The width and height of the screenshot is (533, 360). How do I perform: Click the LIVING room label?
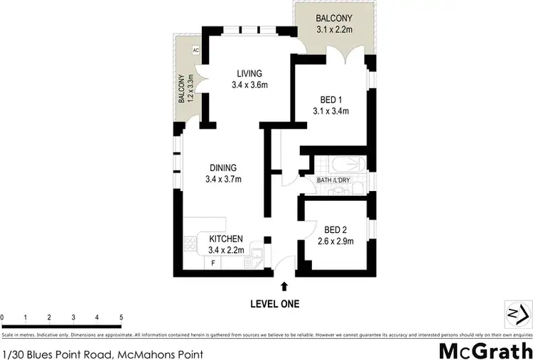[x=249, y=73]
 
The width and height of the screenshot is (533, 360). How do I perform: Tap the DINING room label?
[x=222, y=168]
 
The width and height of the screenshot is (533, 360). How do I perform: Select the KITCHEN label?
[x=226, y=239]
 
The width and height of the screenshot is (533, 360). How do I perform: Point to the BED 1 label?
[x=330, y=98]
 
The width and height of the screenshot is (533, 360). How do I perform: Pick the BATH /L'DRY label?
[x=334, y=180]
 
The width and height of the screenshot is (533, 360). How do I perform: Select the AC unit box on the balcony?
[x=195, y=50]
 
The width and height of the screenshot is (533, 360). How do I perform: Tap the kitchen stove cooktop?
[x=191, y=244]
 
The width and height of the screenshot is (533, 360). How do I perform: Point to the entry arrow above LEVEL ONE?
[x=284, y=286]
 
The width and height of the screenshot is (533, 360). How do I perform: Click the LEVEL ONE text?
[x=274, y=304]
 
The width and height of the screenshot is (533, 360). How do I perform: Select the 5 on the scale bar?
[x=122, y=317]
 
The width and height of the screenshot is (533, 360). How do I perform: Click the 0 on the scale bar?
[x=3, y=317]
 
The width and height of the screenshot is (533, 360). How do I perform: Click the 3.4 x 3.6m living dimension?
[x=249, y=85]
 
